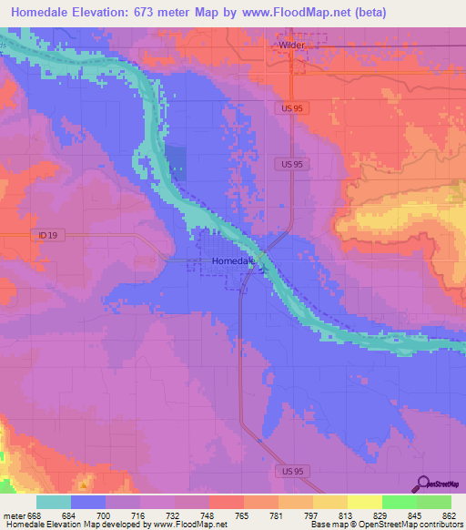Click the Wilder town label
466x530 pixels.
291,43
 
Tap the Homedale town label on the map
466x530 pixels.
231,260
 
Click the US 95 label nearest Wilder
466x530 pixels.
288,107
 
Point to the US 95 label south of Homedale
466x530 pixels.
288,470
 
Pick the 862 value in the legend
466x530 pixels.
451,515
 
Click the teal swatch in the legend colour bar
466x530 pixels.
54,502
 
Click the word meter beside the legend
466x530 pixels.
14,515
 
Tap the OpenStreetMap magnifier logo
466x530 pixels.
423,485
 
